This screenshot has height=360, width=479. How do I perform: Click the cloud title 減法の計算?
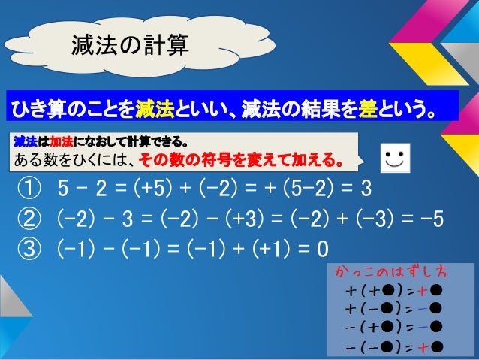129,44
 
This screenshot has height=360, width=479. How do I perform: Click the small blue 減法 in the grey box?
25,141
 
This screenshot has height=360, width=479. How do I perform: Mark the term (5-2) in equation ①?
314,186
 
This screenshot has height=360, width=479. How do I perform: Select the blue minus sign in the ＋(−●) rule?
423,309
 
